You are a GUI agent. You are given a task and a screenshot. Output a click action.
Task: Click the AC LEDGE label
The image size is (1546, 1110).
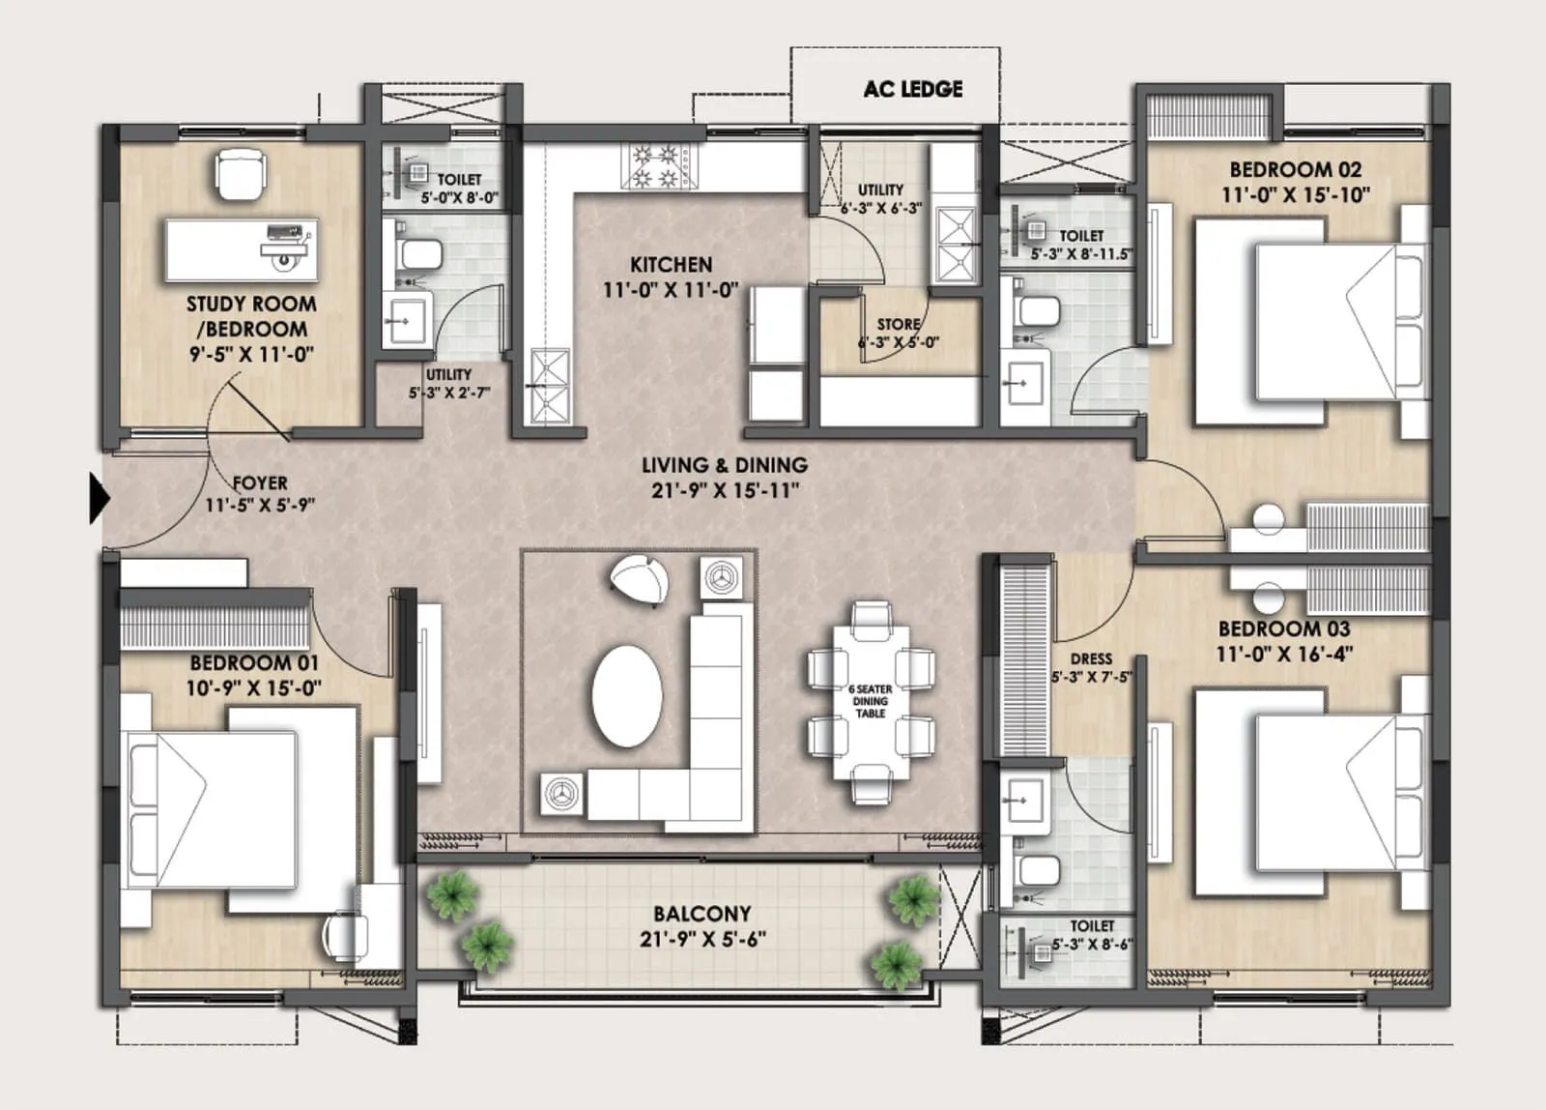912,89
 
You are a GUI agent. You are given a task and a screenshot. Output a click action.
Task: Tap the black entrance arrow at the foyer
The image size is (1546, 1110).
100,498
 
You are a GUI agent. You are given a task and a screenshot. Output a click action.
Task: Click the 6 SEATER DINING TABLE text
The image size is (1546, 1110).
870,701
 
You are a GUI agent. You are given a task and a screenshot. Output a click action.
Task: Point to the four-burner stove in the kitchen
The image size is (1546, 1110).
657,165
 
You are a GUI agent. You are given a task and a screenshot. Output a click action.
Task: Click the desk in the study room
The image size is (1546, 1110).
241,248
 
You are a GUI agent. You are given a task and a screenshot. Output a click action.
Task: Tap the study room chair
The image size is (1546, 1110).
240,173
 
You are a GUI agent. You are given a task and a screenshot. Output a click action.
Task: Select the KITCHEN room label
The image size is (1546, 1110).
671,264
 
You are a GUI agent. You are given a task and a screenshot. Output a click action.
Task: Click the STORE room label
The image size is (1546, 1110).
898,325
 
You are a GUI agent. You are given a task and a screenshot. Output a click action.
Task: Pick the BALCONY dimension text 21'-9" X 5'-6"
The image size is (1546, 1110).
702,939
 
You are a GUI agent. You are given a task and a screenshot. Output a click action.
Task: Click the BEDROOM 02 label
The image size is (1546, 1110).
1295,169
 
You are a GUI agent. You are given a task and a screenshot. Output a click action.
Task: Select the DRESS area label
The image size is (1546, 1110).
1091,658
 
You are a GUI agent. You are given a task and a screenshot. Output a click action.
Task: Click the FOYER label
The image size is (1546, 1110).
260,482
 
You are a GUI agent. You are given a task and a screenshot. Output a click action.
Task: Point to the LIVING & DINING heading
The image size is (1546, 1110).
725,465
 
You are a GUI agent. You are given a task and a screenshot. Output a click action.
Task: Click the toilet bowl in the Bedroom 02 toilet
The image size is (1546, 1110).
1039,311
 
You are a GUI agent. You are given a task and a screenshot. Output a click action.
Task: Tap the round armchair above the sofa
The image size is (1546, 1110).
640,581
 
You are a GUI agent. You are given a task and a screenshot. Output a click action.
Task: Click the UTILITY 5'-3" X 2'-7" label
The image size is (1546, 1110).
449,383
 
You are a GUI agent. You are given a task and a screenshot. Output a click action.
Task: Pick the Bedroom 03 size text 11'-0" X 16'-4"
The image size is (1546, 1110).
1283,654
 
